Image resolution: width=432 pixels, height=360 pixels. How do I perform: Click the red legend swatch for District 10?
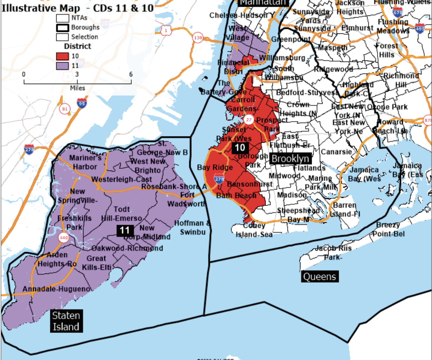coord(63,56)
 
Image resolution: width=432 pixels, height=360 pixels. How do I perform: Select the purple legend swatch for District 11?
coord(63,65)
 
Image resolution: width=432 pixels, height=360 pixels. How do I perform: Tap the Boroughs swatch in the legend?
coord(63,27)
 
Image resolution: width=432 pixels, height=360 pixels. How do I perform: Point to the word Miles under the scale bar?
coord(77,88)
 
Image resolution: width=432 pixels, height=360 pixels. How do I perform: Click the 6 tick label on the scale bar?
coord(131,75)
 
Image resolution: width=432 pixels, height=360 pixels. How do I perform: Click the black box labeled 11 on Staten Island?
coord(125,231)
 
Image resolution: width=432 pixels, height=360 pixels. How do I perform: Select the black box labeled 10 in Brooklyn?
coord(240,148)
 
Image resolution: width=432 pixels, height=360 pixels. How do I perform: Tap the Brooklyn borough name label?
coord(291,159)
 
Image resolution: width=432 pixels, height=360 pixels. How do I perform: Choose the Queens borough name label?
coord(319,277)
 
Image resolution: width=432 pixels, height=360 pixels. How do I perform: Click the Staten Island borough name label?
coord(66,321)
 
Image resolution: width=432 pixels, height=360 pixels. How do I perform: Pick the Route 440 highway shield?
coord(64,238)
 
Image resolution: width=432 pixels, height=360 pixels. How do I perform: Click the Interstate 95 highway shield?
coord(82,103)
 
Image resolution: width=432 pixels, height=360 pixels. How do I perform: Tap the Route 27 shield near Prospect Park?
coord(249,120)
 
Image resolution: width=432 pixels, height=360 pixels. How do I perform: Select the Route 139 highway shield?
coord(198,38)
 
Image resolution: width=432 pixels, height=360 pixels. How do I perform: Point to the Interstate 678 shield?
coord(398,13)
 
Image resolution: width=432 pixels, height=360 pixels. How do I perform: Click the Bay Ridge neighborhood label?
coord(215,167)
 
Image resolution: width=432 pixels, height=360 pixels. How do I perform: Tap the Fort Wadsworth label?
coord(186,200)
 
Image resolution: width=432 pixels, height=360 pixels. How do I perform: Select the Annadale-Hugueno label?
coord(56,289)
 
